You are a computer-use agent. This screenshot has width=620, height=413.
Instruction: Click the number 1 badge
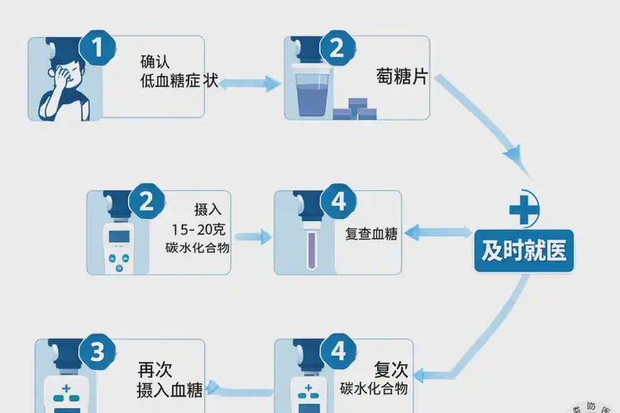(100, 47)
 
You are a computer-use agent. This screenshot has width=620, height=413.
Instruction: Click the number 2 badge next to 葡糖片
(336, 47)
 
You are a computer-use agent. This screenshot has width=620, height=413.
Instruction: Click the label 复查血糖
(371, 234)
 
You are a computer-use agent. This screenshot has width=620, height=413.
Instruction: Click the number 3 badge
(97, 353)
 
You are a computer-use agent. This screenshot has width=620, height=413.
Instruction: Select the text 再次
(160, 369)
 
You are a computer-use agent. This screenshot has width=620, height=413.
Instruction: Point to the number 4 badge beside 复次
(336, 353)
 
